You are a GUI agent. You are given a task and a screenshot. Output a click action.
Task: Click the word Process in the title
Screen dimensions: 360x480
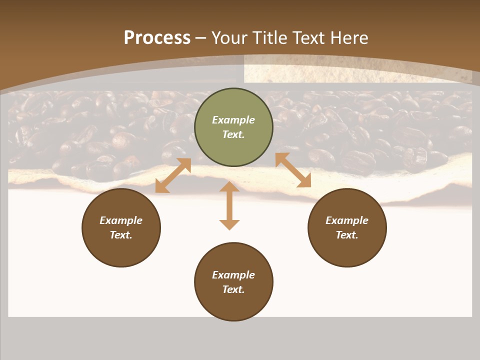pyautogui.click(x=157, y=38)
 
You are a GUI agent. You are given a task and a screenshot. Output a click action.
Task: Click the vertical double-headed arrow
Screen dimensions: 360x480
pyautogui.click(x=229, y=205)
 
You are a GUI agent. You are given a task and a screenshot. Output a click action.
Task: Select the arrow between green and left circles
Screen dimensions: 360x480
pyautogui.click(x=173, y=175)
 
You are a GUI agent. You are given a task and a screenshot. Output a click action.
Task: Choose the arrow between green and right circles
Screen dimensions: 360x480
pyautogui.click(x=293, y=170)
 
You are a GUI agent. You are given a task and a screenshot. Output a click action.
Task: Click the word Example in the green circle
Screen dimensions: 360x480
pyautogui.click(x=233, y=120)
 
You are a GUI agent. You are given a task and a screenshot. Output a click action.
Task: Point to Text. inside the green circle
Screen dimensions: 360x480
pyautogui.click(x=233, y=134)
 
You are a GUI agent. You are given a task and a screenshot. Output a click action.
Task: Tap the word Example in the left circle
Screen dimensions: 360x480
pyautogui.click(x=121, y=220)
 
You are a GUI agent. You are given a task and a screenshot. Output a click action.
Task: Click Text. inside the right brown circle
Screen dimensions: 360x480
pyautogui.click(x=347, y=235)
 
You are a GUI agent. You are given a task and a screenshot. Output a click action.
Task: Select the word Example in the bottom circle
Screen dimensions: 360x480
pyautogui.click(x=233, y=275)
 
